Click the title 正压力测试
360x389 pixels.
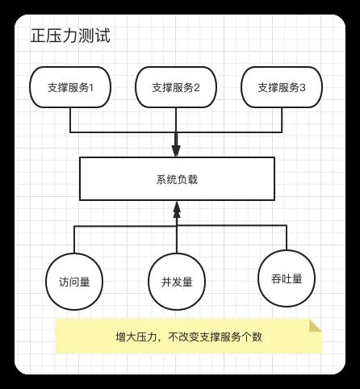point(70,36)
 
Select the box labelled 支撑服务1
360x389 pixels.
point(70,87)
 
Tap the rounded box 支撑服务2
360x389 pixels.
point(176,87)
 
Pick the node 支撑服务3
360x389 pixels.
point(282,87)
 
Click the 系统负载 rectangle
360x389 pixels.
point(177,179)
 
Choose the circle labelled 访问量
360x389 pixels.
point(74,282)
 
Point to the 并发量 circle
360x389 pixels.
point(177,282)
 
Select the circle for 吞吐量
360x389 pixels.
point(287,278)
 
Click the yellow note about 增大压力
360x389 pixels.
point(189,337)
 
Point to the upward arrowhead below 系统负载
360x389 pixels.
point(177,209)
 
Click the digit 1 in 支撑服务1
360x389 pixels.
point(91,88)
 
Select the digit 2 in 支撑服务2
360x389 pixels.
point(197,88)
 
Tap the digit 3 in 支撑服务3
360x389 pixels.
point(303,88)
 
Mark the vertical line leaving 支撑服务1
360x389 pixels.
point(70,120)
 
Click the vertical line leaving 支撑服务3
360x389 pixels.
point(282,120)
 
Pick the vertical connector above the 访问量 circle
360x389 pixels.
point(74,240)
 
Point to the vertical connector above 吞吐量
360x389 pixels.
point(287,238)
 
